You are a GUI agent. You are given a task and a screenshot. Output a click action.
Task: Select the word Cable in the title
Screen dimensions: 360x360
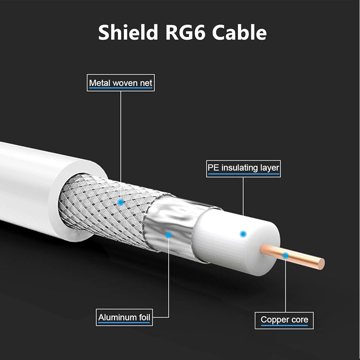239,32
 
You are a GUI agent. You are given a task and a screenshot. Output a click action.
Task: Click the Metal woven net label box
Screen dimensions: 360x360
121,83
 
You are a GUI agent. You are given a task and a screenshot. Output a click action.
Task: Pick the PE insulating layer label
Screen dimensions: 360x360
243,168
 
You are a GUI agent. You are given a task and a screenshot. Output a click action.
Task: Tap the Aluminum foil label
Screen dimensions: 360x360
124,318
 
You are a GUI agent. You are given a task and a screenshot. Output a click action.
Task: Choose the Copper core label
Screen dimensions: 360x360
284,320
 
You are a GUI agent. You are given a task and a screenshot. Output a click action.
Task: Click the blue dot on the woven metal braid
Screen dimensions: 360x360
121,202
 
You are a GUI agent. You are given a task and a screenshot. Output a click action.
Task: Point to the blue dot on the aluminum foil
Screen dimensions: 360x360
168,235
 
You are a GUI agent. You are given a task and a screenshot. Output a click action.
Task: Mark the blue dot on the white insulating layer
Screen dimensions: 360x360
243,234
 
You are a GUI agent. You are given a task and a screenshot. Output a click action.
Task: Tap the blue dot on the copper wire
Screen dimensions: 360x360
285,256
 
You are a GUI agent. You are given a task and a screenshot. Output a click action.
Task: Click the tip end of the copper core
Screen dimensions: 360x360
321,264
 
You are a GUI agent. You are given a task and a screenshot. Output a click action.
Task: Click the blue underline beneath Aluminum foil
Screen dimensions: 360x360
124,323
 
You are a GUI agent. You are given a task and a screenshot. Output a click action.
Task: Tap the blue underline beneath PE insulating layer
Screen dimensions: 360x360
243,174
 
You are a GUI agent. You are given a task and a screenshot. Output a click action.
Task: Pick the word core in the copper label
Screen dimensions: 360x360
300,320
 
